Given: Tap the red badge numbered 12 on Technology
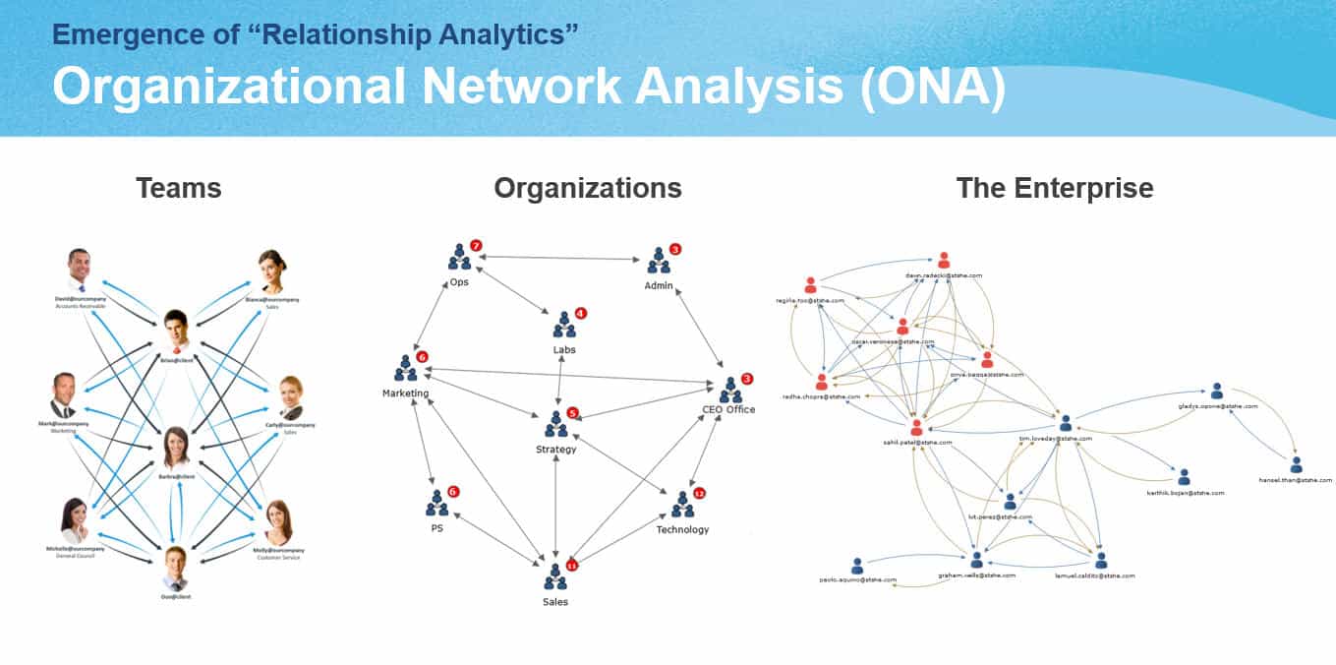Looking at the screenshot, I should point(699,493).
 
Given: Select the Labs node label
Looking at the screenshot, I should point(564,349).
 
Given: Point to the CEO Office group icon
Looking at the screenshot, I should point(729,393).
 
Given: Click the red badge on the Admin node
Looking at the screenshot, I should point(674,250).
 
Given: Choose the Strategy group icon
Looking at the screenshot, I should point(556,426).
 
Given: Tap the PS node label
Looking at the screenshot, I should point(436,528).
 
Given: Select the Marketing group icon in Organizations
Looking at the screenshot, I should point(405,370).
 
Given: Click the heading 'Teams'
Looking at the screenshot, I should point(178,188).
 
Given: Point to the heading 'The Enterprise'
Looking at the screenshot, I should point(1055,188).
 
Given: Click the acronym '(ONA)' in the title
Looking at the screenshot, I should point(932,87).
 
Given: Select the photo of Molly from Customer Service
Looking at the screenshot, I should point(278,521).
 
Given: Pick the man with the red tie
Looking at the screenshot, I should point(176,332).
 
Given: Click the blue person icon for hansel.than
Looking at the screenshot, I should point(1296,465).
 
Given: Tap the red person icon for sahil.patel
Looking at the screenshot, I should point(916,428).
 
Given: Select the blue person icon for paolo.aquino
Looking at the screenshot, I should point(857,566).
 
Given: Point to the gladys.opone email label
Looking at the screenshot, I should point(1216,406).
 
